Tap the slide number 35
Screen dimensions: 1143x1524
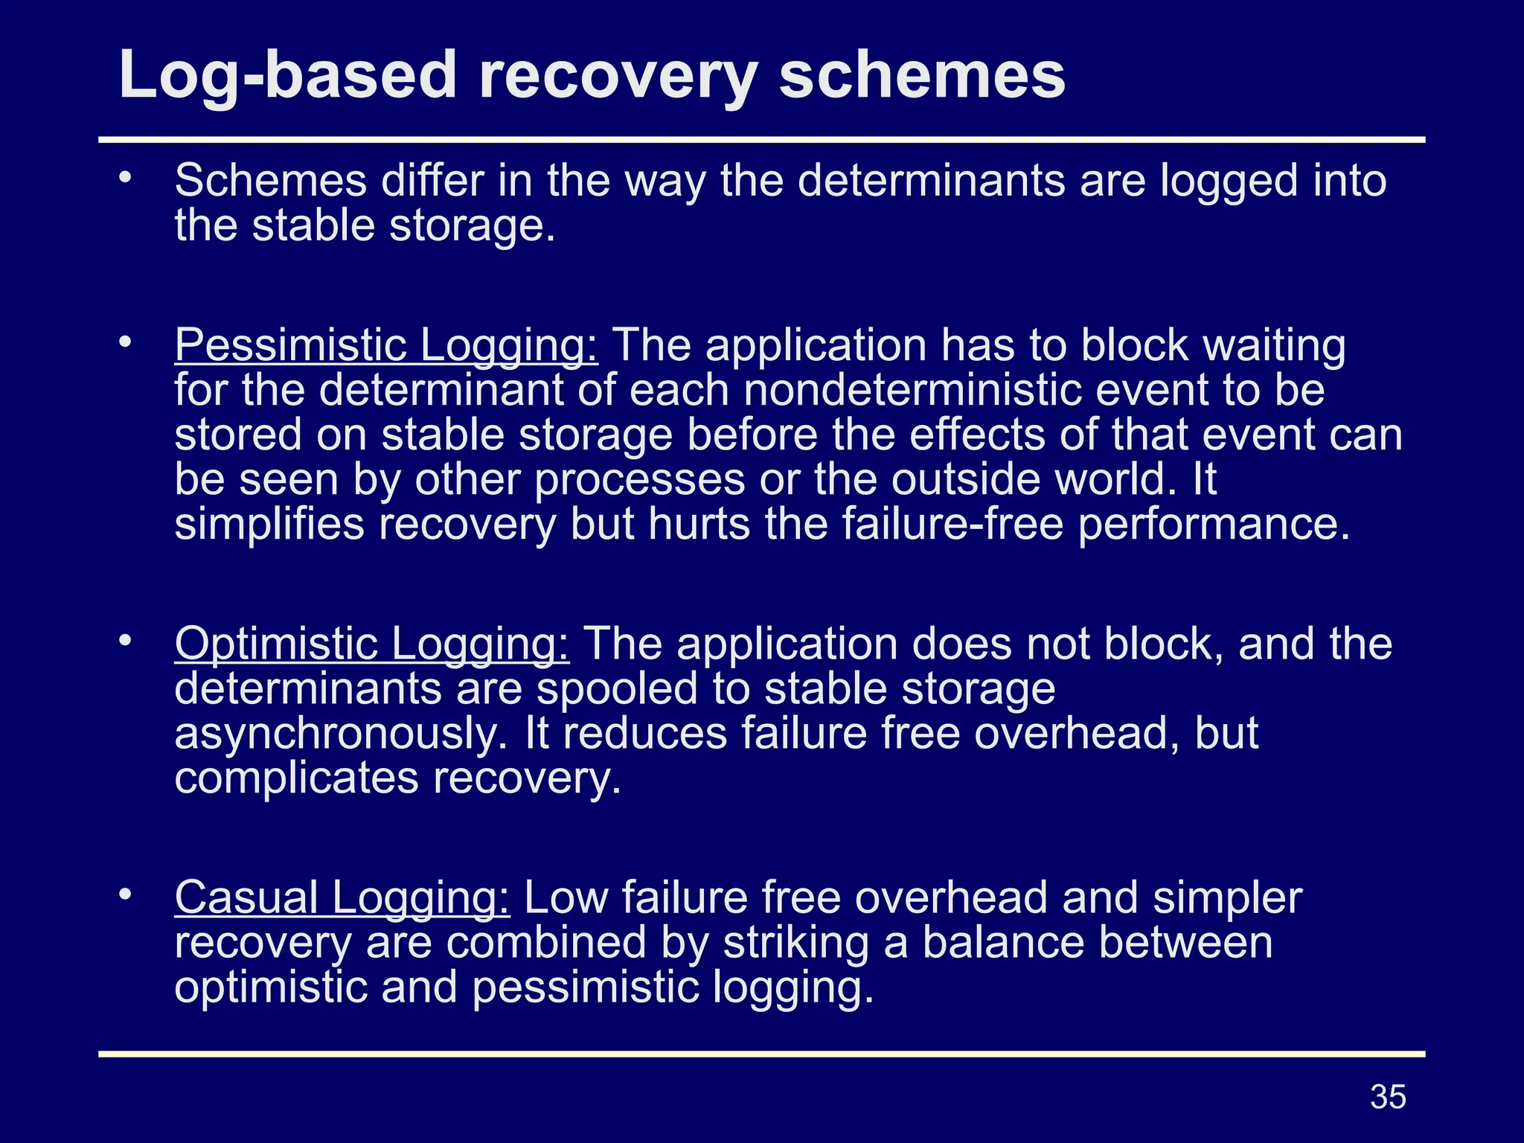point(1388,1097)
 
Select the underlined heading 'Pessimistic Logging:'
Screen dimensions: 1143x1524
point(385,345)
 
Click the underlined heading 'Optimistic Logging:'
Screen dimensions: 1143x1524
point(372,644)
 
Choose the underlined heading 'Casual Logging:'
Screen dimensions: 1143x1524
point(342,897)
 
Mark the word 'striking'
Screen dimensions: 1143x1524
point(795,942)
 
